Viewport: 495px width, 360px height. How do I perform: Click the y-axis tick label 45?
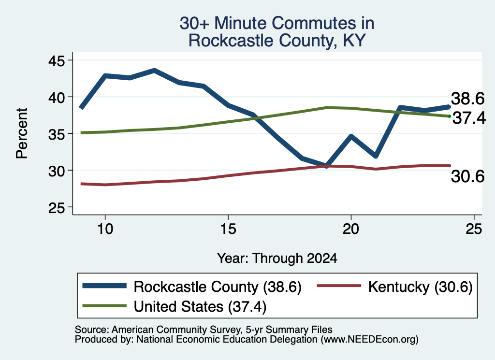[56, 60]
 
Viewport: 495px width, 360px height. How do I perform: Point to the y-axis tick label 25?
[56, 208]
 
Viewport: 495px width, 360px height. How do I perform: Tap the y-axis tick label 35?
[56, 134]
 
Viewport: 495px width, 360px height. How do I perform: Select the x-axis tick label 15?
[228, 229]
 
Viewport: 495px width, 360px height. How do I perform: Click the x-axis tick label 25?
[474, 229]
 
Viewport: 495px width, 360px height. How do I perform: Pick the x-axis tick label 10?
[105, 229]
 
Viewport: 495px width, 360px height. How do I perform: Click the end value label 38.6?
[467, 99]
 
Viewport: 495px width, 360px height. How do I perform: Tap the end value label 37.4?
[469, 118]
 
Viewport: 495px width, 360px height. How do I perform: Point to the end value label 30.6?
[467, 176]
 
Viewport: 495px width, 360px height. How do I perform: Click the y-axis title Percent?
[22, 133]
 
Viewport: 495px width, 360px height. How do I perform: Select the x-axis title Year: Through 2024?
[277, 258]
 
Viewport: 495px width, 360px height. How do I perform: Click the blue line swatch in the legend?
[104, 286]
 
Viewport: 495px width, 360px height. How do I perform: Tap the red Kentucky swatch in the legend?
[339, 286]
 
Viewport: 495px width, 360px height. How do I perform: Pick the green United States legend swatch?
[104, 305]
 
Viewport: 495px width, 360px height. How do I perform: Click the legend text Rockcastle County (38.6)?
[218, 287]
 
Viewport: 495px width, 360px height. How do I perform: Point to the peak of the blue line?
[154, 70]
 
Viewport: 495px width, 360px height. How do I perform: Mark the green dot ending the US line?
[450, 116]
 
